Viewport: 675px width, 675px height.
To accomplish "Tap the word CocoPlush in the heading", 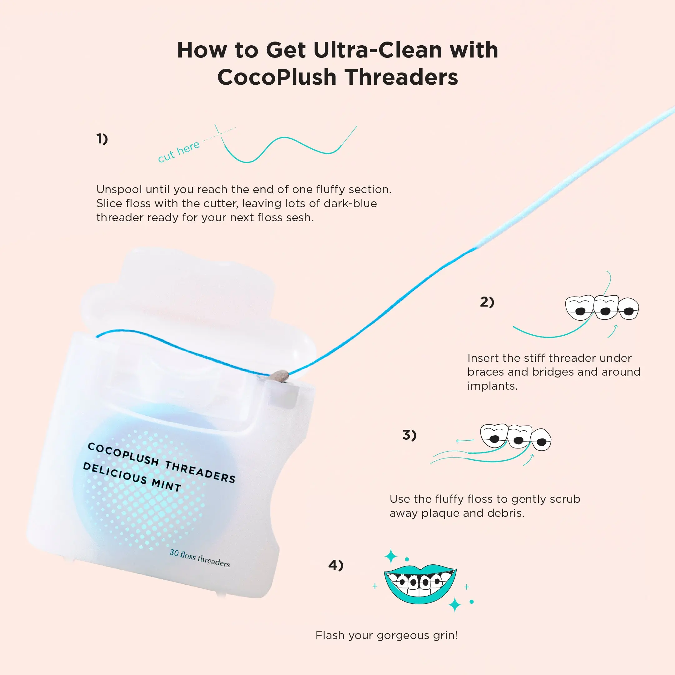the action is pyautogui.click(x=276, y=77).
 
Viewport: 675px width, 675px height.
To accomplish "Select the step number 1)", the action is pyautogui.click(x=102, y=139).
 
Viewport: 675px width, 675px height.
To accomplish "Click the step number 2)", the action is pyautogui.click(x=487, y=302).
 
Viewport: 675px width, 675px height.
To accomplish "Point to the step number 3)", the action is pyautogui.click(x=409, y=435).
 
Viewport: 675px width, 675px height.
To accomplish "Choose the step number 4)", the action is pyautogui.click(x=336, y=565).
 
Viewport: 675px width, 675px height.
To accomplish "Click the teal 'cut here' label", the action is pyautogui.click(x=179, y=152).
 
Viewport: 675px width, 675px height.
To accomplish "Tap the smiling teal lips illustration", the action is pyautogui.click(x=420, y=584).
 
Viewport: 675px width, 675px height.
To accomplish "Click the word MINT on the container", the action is pyautogui.click(x=166, y=484).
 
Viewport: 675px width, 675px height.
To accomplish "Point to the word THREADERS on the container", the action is pyautogui.click(x=200, y=472).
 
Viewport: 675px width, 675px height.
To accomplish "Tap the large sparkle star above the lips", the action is pyautogui.click(x=391, y=557).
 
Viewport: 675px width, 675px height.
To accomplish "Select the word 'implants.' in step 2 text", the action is pyautogui.click(x=492, y=386).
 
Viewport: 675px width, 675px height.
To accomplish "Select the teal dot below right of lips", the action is pyautogui.click(x=472, y=602).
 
